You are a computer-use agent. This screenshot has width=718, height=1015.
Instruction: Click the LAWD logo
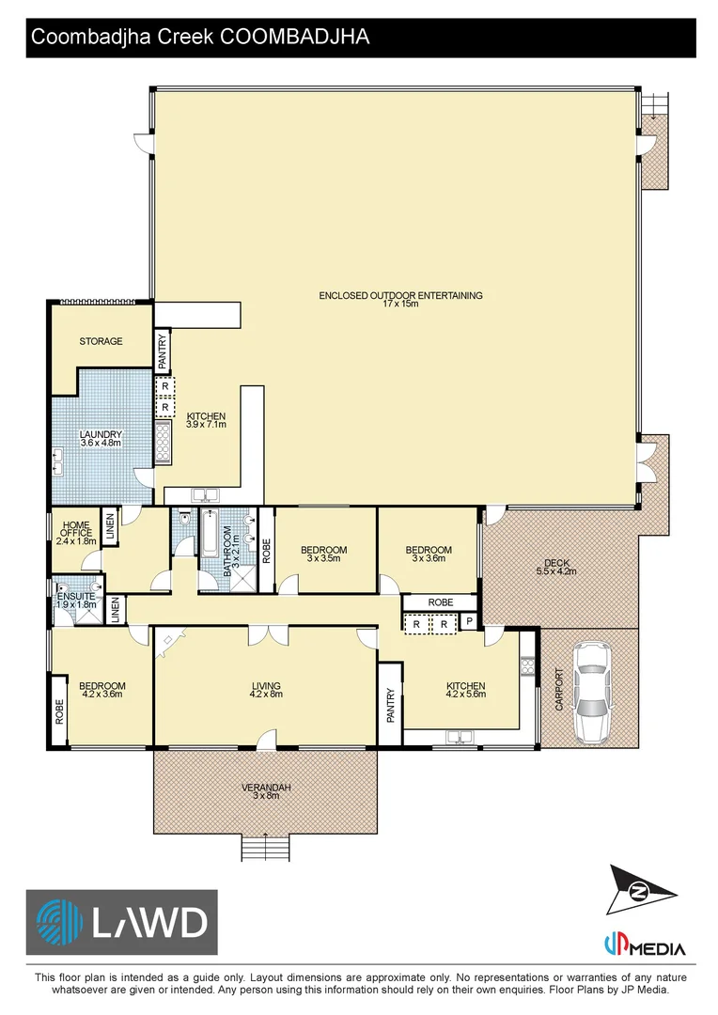122,922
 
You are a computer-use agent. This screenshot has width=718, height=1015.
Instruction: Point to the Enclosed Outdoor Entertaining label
400,300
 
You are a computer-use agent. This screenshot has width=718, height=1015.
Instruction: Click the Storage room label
101,341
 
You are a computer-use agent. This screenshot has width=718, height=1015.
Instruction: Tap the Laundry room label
101,438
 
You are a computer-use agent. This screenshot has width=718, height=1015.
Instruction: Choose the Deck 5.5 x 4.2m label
555,567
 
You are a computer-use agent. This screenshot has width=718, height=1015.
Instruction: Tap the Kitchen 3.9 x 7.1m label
206,420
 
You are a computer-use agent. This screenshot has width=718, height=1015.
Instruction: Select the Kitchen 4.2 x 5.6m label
465,691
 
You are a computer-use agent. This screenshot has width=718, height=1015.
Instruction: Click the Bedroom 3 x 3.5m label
323,554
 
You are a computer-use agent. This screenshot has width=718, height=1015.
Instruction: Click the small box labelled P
468,622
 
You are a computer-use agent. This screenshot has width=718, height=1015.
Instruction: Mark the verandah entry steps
266,847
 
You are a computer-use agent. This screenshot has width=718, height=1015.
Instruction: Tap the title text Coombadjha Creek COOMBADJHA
200,38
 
